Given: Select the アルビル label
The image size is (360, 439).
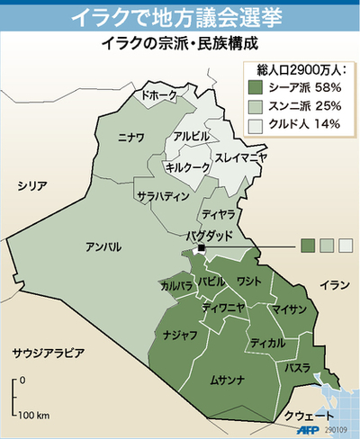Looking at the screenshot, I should coord(191,137).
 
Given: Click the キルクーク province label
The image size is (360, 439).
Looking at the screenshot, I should coord(188,167).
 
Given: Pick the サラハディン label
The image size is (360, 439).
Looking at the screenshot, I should coord(162,195).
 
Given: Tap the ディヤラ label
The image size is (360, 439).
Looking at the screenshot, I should coord(218,214).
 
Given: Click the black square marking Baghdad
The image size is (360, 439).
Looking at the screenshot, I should coord(202,248).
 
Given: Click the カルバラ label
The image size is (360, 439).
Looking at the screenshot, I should coord(176,286).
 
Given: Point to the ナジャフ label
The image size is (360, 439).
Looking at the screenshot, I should coord(180,334).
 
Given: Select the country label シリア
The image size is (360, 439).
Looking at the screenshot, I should coord(31,185).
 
